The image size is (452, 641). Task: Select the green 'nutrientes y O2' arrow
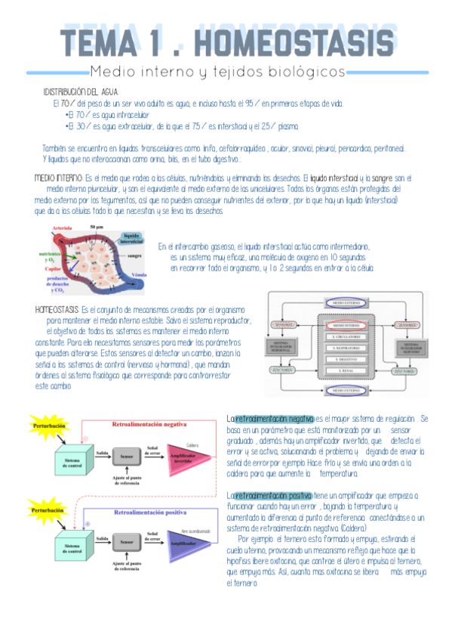pyautogui.click(x=54, y=255)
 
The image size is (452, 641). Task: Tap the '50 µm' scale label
pyautogui.click(x=96, y=227)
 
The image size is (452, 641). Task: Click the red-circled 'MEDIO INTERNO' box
pyautogui.click(x=346, y=325)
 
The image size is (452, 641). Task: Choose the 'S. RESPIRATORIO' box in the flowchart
pyautogui.click(x=346, y=348)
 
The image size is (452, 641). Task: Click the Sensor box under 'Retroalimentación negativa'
pyautogui.click(x=127, y=457)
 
